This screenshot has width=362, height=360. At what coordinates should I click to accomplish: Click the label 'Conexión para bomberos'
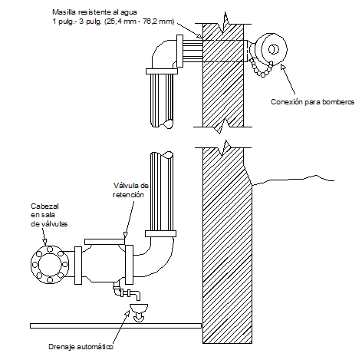click(311, 101)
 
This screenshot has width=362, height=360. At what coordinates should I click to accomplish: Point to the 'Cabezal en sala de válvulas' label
click(49, 215)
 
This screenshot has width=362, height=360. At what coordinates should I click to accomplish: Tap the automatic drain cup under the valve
click(139, 310)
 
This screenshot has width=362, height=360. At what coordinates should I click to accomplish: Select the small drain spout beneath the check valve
click(131, 294)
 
